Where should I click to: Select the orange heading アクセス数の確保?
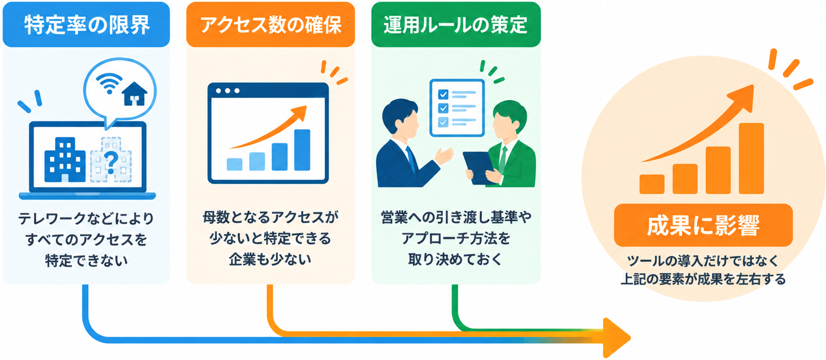tap(271, 25)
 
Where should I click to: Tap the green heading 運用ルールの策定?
tap(456, 25)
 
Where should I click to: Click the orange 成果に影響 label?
tap(703, 225)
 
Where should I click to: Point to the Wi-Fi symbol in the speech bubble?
tap(109, 83)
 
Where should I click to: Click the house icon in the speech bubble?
tap(135, 93)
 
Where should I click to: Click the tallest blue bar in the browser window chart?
tap(302, 150)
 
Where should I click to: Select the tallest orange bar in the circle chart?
tap(751, 158)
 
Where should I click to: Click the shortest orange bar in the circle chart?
tap(652, 184)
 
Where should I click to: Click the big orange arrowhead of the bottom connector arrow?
tap(616, 337)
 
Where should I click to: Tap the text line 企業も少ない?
tap(271, 260)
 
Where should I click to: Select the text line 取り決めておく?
tap(455, 260)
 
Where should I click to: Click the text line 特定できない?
tap(86, 261)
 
